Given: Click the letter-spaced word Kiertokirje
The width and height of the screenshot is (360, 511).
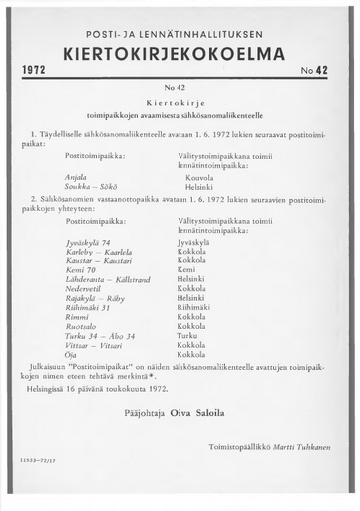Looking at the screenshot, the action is [180, 103].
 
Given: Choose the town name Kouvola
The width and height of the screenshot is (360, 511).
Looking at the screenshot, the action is [200, 176].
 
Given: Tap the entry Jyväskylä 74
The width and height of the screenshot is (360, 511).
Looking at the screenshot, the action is [87, 242].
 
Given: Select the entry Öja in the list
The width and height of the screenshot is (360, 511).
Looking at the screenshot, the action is [71, 354].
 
